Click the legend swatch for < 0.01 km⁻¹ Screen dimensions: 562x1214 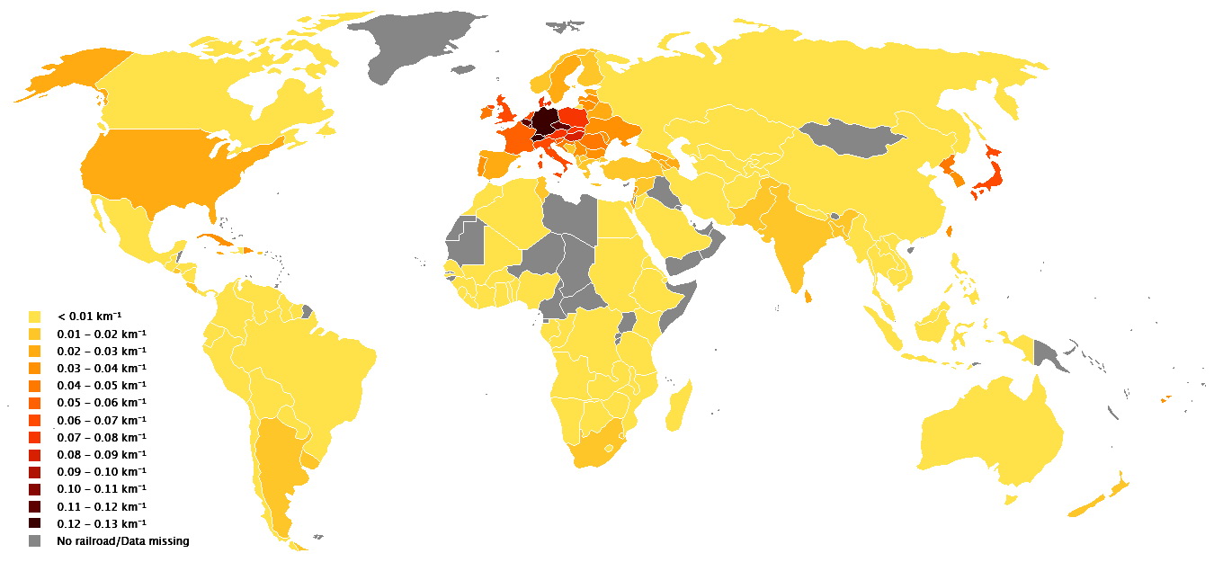click(35, 317)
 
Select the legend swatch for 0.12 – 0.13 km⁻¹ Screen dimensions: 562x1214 click(35, 523)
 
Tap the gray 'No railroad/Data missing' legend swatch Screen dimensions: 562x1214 click(35, 540)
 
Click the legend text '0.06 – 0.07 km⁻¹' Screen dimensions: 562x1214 click(102, 420)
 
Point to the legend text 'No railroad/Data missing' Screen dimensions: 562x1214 click(123, 540)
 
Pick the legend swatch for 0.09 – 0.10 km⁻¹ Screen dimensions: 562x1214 click(35, 472)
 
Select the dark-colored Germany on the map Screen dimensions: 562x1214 click(543, 122)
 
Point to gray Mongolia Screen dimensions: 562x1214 click(850, 135)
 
